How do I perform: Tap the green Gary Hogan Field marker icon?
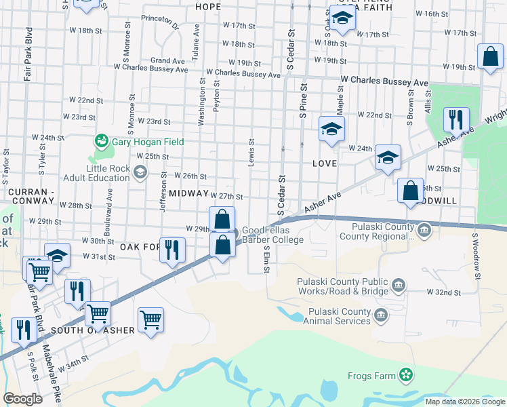pos(102,140)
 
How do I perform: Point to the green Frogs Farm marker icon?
pos(405,374)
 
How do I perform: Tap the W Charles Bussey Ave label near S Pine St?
pos(384,81)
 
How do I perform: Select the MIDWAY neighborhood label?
pos(188,193)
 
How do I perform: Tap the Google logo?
pos(22,399)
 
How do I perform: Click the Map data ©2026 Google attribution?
pos(465,402)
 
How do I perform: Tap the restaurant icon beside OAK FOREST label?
pos(172,250)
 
